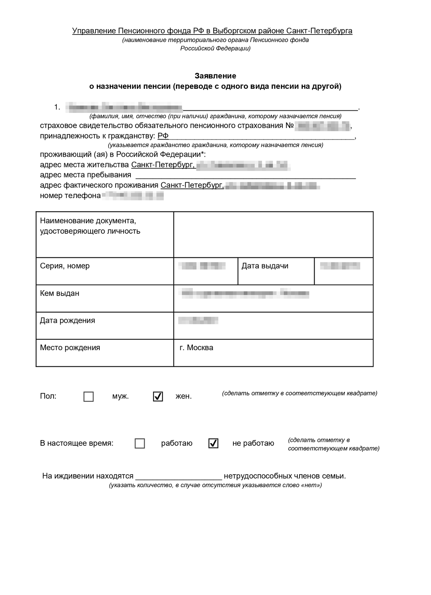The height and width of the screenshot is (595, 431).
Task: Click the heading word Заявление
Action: pos(215,76)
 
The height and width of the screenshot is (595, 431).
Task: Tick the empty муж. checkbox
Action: pos(88,397)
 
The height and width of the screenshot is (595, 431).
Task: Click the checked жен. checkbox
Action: pos(158,397)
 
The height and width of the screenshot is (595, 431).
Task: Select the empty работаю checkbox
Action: pos(140,443)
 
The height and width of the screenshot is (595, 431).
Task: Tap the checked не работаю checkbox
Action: pos(213,443)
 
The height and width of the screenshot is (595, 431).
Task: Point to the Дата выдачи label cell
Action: pos(265,266)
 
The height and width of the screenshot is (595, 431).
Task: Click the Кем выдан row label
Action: pos(60,293)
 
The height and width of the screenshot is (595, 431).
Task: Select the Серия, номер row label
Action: pos(65,266)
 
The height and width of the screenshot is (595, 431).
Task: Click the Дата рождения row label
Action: pos(67,320)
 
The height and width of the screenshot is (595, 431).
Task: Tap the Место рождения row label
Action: pos(70,348)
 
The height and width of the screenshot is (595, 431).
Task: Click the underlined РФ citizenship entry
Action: pos(163,136)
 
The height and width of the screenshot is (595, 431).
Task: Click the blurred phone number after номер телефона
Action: pos(133,196)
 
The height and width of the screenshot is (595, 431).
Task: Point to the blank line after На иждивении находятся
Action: pos(179,476)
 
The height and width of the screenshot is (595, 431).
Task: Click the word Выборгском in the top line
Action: pos(237,31)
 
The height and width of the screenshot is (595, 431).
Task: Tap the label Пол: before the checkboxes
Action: pos(48,397)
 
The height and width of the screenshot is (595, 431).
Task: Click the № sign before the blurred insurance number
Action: pos(289,125)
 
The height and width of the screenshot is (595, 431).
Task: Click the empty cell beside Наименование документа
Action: pos(273,234)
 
